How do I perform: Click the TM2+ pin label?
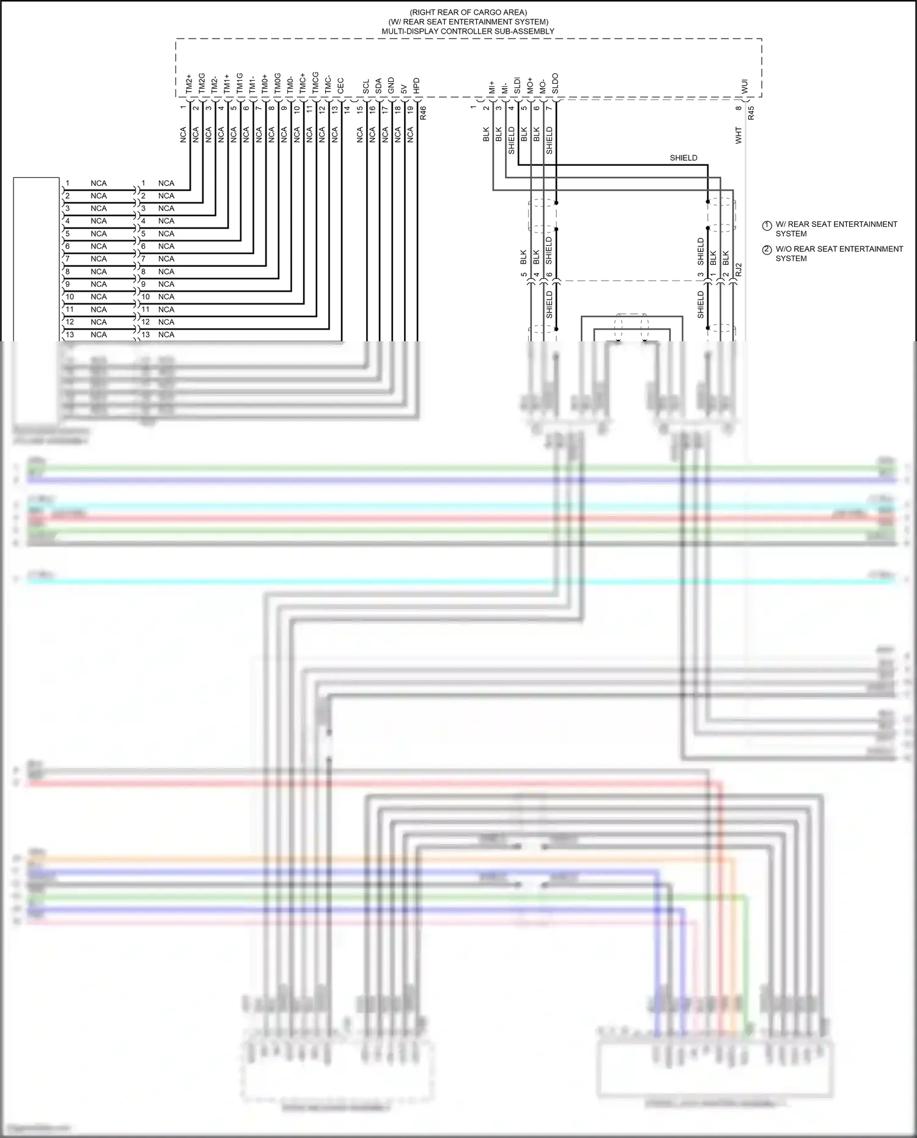(189, 85)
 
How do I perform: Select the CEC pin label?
(341, 86)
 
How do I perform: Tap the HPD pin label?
(416, 86)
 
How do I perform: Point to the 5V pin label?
(403, 88)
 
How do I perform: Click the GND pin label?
(391, 86)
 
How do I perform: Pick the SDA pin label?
(378, 86)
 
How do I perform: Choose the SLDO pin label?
(555, 84)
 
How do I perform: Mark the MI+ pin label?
(492, 87)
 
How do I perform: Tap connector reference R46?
(423, 112)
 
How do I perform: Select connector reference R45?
(751, 113)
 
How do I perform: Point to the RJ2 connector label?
(738, 270)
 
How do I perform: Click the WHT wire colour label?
(738, 136)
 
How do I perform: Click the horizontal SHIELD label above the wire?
(683, 158)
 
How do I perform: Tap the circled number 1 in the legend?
(767, 226)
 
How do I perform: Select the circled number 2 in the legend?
(767, 250)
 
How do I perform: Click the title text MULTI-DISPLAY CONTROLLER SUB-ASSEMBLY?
(468, 31)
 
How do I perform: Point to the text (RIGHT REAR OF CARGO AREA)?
(468, 12)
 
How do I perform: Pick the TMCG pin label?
(315, 84)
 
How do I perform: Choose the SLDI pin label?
(517, 85)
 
